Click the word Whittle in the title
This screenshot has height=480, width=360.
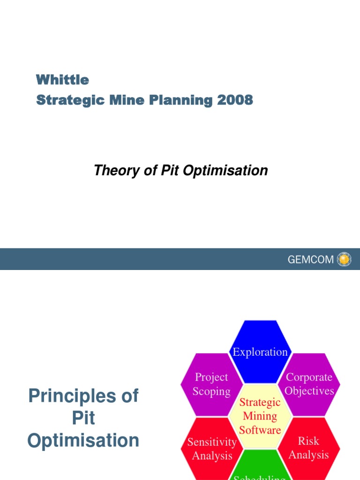coord(62,80)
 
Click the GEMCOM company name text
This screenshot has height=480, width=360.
coord(310,260)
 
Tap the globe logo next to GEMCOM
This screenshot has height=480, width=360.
coord(344,259)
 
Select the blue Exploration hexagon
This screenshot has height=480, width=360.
coord(260,349)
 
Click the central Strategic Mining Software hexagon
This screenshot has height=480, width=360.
coord(260,416)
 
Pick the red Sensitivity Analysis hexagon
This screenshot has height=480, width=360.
coord(211,449)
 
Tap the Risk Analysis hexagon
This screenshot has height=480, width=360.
coord(308,448)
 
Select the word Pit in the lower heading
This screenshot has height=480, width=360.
coord(83,418)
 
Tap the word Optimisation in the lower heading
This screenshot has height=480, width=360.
coord(83,441)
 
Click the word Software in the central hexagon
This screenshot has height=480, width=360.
coord(260,430)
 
